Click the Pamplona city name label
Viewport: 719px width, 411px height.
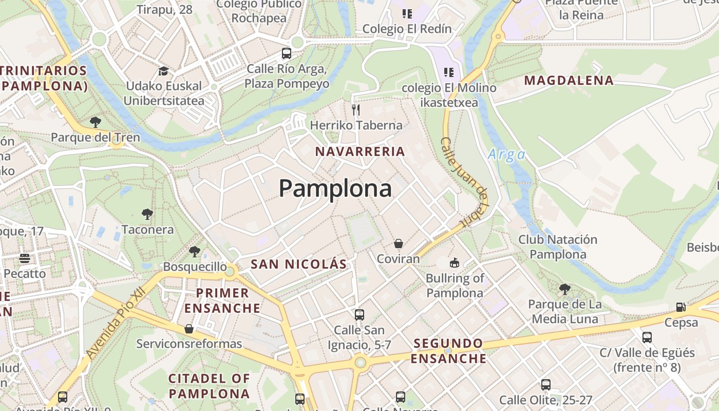[x=335, y=189]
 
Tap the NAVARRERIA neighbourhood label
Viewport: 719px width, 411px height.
[x=360, y=152]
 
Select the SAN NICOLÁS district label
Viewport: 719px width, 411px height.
[x=299, y=264]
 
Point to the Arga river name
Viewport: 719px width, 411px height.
[x=506, y=154]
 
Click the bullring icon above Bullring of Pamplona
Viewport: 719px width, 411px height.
[x=455, y=263]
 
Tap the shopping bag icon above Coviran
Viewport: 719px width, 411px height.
[x=398, y=244]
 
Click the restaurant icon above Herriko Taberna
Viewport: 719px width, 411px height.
[x=355, y=109]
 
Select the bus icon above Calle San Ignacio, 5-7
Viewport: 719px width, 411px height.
[x=359, y=314]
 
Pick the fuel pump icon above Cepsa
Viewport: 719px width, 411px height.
[x=681, y=307]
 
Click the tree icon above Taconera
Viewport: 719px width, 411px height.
[x=147, y=214]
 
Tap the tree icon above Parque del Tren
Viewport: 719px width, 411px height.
[x=95, y=122]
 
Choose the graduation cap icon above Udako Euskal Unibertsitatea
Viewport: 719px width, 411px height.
[x=163, y=71]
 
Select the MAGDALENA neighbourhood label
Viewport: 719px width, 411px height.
[x=569, y=80]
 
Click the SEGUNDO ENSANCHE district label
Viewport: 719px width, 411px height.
[x=448, y=350]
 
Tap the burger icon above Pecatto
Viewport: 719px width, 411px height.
[x=25, y=258]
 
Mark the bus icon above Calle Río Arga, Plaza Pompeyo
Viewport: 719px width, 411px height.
[x=287, y=53]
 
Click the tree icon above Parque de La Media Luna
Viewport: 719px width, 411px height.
[x=565, y=289]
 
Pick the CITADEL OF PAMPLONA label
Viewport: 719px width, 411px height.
[x=209, y=386]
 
